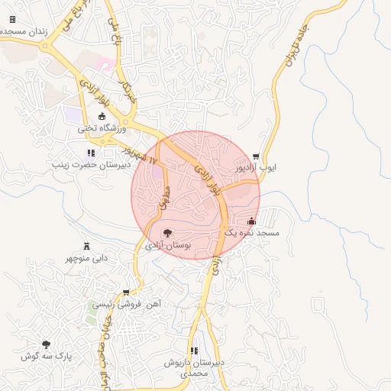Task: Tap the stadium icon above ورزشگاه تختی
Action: point(103,117)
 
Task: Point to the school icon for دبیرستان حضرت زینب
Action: point(91,153)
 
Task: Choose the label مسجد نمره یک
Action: point(251,231)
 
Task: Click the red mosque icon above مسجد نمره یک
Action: point(252,221)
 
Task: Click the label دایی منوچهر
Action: point(86,258)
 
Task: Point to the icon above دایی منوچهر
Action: point(86,246)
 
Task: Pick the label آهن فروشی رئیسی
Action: point(127,304)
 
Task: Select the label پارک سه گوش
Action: point(46,357)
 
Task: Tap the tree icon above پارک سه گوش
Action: point(46,345)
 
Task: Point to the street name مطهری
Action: point(162,200)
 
